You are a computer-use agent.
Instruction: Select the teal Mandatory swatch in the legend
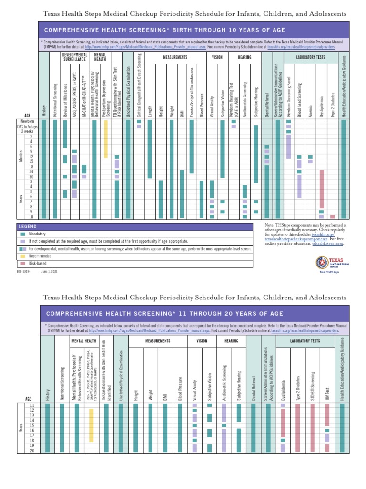[x=23, y=234]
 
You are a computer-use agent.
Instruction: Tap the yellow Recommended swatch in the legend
[x=23, y=256]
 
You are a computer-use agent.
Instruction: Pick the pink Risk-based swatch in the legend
[x=23, y=263]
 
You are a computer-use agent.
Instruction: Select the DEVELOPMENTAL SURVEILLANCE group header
[x=74, y=58]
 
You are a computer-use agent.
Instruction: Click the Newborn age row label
[x=27, y=121]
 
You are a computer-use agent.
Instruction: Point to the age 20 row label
[x=32, y=450]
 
